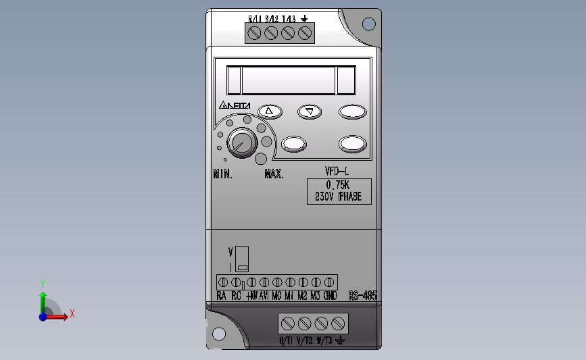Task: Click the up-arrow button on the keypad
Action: tap(270, 111)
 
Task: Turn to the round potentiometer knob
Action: tap(241, 143)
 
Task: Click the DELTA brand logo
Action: tap(235, 106)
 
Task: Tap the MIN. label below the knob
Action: tap(223, 174)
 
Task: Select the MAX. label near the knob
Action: tap(274, 174)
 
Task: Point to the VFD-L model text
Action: tap(336, 172)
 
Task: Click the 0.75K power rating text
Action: tap(338, 185)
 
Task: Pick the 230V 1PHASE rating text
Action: tap(338, 197)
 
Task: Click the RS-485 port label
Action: tap(362, 296)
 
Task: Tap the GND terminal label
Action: tap(330, 296)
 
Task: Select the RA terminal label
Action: tap(222, 296)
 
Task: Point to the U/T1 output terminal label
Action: tap(287, 340)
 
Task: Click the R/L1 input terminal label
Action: tap(255, 19)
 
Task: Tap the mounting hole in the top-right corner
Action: tap(368, 24)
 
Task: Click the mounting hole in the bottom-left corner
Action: tap(219, 334)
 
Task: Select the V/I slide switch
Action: tap(241, 257)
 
